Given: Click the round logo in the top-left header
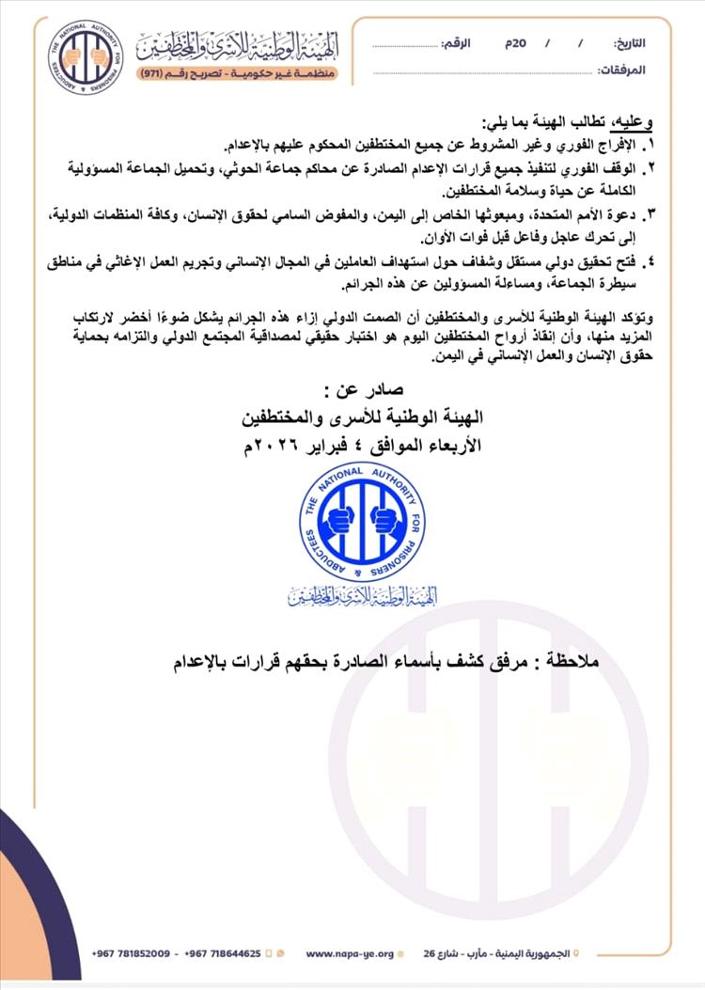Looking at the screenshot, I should pos(86,55).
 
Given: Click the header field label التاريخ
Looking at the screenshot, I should pos(630,44).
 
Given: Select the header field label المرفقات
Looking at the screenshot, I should pos(623,70).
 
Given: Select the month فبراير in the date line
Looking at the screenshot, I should pos(330,446).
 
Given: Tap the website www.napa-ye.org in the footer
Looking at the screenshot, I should pos(349,952).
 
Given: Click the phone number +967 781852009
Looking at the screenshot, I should pos(132,952).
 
